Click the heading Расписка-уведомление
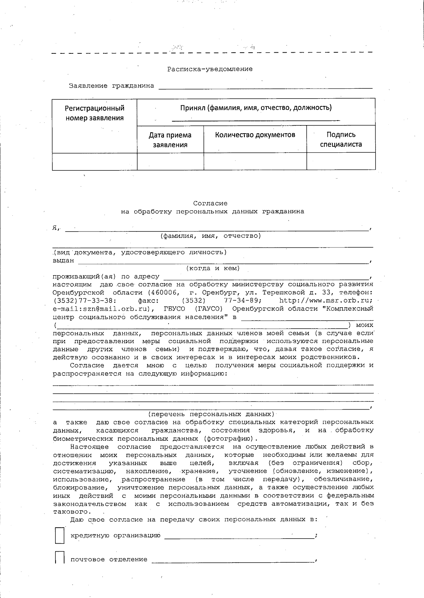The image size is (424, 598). click(210, 69)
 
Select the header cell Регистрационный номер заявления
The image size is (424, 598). click(94, 113)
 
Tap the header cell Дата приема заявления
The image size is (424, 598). click(170, 140)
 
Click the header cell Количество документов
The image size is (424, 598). click(255, 135)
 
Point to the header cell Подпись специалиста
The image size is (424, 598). click(341, 139)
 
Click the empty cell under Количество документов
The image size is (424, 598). click(255, 162)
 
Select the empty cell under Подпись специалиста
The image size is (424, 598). click(341, 162)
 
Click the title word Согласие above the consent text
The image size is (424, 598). click(210, 203)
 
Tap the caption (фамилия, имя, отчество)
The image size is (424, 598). click(210, 236)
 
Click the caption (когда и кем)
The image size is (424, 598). click(213, 268)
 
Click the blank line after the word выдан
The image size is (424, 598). click(223, 262)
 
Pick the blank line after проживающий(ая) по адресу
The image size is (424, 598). click(265, 277)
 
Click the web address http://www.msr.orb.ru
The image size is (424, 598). click(325, 301)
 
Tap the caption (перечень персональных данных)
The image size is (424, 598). click(211, 414)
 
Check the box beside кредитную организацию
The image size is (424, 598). click(59, 535)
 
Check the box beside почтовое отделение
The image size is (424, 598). click(59, 558)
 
